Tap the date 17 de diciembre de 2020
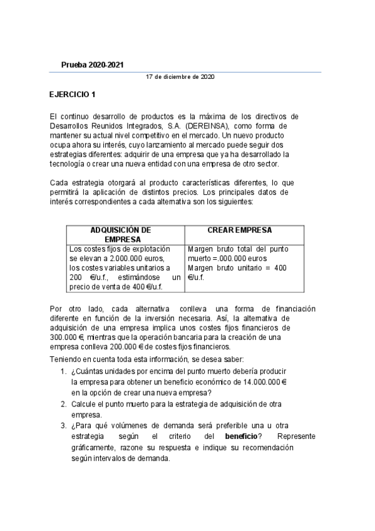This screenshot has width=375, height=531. click(x=180, y=76)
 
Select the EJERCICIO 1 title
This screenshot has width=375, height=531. click(x=73, y=95)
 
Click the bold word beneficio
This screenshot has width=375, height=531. click(x=240, y=436)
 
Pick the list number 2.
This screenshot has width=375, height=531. click(x=64, y=405)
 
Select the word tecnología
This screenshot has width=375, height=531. click(x=68, y=163)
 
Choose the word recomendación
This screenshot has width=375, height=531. click(x=264, y=448)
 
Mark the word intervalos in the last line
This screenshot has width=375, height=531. click(x=110, y=458)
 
